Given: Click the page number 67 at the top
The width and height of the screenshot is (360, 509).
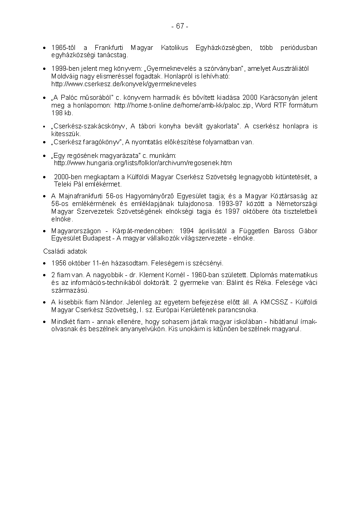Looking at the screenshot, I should tap(180, 26).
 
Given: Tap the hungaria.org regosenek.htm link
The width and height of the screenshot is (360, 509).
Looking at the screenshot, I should tap(143, 163).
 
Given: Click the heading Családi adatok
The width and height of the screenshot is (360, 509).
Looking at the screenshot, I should tap(65, 251).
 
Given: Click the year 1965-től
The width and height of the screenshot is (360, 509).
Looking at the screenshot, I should tap(63, 48).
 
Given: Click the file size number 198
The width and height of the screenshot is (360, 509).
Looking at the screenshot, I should tap(57, 113).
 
